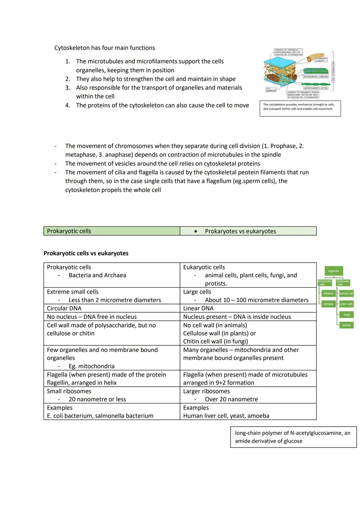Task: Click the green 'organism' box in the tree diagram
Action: pos(333,271)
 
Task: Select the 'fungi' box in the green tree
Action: pos(346,315)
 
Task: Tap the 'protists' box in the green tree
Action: pos(346,325)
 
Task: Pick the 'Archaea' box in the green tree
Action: pos(328,304)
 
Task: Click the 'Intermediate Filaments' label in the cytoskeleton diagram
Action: pos(320,60)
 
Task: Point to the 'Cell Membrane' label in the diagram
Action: pos(271,89)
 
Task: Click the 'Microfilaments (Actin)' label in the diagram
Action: pos(316,88)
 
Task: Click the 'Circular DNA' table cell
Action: pos(64,308)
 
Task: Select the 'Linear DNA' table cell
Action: pos(198,308)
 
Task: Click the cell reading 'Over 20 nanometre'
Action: pos(231,399)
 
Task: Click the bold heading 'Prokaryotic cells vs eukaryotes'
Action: pos(86,253)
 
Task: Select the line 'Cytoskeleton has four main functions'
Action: pos(105,48)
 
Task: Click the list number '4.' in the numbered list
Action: pos(68,105)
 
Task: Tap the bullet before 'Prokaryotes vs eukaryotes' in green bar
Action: pos(196,231)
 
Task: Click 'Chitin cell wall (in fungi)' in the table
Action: pos(215,341)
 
